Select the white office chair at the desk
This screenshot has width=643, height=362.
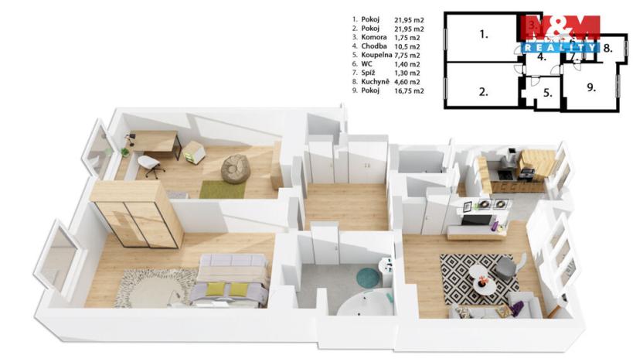(151, 164)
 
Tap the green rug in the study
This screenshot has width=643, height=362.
(222, 188)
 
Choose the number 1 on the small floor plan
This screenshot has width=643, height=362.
(483, 34)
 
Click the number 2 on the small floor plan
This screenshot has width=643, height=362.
(483, 91)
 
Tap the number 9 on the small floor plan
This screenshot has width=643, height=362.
(591, 87)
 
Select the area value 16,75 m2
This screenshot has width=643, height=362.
(409, 90)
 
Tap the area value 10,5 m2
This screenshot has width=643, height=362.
(407, 46)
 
